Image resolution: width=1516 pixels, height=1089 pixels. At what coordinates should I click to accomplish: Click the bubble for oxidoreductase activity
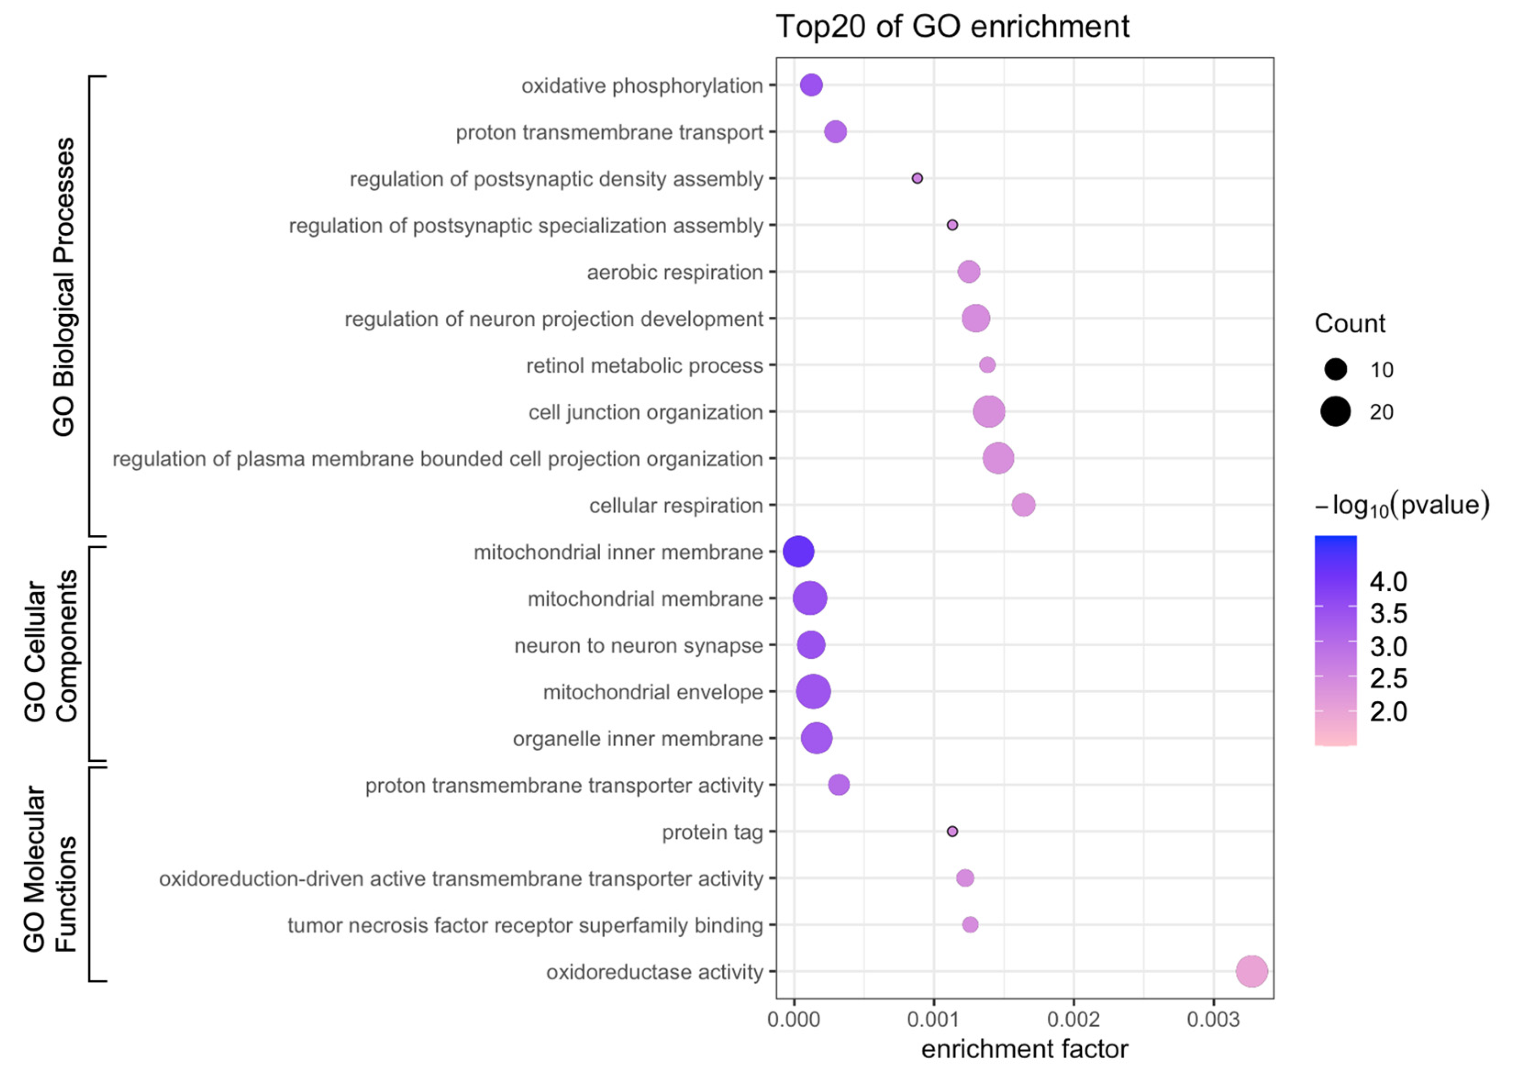1251,971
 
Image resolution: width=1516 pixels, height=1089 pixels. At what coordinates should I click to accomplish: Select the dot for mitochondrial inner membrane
798,552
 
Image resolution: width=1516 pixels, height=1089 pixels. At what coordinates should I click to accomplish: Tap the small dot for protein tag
952,831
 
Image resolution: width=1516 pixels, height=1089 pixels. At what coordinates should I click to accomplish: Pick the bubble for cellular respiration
1024,505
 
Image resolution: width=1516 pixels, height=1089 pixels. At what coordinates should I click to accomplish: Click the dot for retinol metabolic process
987,365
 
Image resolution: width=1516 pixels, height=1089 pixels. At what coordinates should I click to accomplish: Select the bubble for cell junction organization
989,412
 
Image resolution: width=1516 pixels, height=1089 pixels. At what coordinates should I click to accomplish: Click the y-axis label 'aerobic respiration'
675,273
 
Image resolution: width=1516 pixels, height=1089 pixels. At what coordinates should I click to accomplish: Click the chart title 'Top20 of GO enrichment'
952,27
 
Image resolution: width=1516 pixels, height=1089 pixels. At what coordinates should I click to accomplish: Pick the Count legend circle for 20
1335,412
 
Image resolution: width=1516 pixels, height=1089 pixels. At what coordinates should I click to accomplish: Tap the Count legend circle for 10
1335,369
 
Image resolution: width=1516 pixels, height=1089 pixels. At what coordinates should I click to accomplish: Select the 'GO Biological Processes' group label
64,287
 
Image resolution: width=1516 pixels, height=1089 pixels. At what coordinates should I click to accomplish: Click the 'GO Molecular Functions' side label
50,869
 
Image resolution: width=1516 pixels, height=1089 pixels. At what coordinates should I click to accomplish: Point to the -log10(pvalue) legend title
1402,505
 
